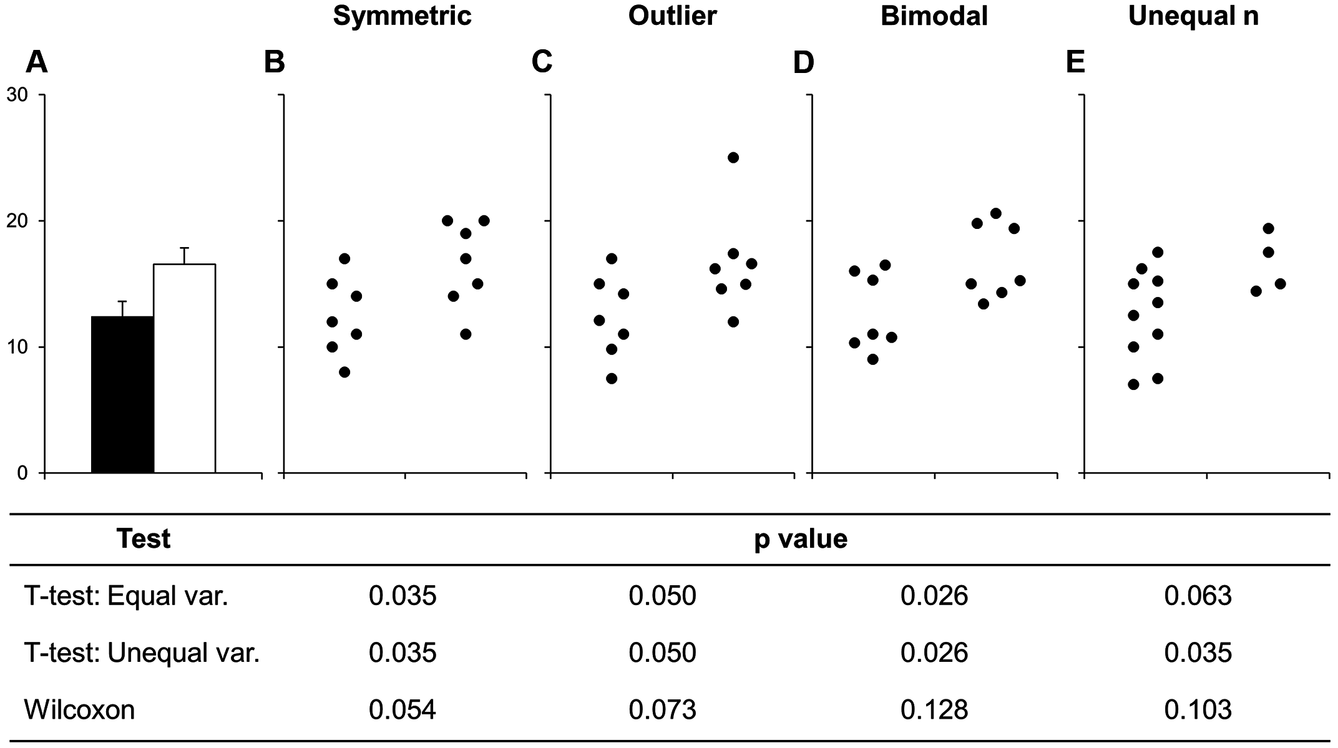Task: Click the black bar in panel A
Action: coord(122,394)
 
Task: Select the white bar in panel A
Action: coord(184,368)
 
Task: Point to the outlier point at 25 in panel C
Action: coord(733,157)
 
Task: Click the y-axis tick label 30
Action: coord(17,95)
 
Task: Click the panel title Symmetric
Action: coord(402,16)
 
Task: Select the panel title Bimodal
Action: coord(934,16)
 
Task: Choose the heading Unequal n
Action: coord(1193,16)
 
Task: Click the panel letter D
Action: coord(803,62)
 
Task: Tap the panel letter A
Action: coord(37,62)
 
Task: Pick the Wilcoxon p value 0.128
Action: coord(934,710)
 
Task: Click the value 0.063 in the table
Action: coord(1198,596)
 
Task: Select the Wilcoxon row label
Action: coord(79,710)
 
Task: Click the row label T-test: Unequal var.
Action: coord(142,653)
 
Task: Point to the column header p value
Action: coord(801,538)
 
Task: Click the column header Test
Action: coord(144,538)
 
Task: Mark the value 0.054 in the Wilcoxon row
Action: coord(402,710)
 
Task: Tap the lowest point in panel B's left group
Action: coord(344,372)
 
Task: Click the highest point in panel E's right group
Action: coord(1268,228)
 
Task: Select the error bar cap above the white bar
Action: coord(184,248)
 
